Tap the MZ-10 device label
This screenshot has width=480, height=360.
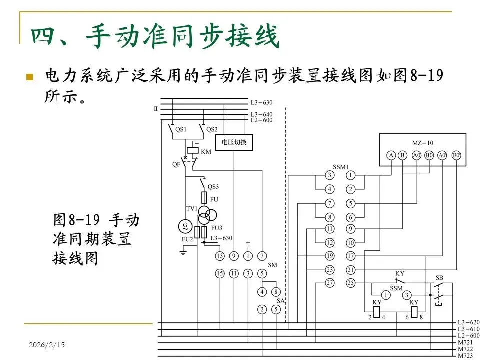pyautogui.click(x=423, y=143)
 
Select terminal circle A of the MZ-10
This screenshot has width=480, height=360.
pyautogui.click(x=391, y=155)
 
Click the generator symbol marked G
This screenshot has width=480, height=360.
pyautogui.click(x=186, y=226)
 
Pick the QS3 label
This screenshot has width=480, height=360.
pyautogui.click(x=213, y=187)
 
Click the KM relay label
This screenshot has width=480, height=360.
pyautogui.click(x=205, y=151)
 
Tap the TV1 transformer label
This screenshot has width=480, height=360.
pyautogui.click(x=192, y=209)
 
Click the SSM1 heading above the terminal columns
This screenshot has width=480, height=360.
pyautogui.click(x=340, y=167)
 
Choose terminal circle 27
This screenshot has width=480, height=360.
pyautogui.click(x=329, y=283)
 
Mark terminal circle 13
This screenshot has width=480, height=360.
pyautogui.click(x=220, y=256)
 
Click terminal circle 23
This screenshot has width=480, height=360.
pyautogui.click(x=329, y=270)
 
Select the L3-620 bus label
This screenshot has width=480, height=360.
pyautogui.click(x=469, y=322)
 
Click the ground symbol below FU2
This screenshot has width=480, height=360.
pyautogui.click(x=183, y=253)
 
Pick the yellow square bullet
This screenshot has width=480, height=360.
pyautogui.click(x=29, y=77)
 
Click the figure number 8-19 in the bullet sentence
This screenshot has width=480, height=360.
pyautogui.click(x=426, y=76)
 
